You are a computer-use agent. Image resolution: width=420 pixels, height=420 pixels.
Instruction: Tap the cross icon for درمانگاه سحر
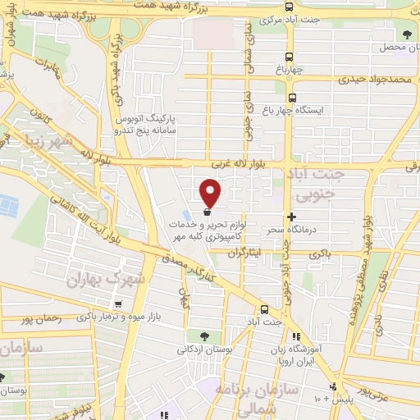[x=291, y=216]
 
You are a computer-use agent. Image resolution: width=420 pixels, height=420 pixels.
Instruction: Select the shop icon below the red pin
[x=205, y=212]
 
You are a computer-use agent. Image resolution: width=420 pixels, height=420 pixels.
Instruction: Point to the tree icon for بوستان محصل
[x=406, y=34]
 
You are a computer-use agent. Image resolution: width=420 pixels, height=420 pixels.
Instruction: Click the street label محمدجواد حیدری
[x=377, y=79]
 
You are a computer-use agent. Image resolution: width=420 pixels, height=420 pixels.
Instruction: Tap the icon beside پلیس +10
[x=333, y=386]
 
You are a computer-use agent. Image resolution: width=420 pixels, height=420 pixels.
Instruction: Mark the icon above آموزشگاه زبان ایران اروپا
[x=295, y=336]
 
